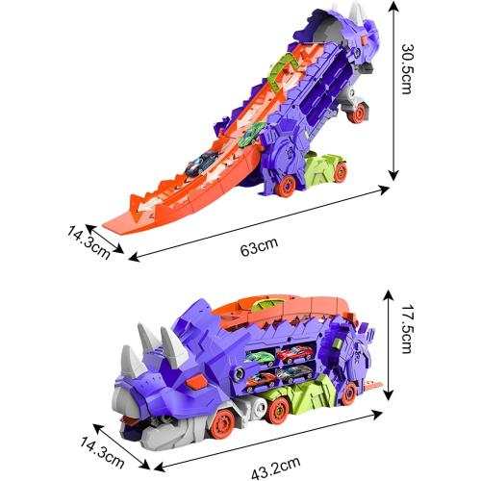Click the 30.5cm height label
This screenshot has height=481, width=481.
(406, 68)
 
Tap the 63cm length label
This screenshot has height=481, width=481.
(259, 247)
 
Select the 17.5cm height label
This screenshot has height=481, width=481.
(406, 329)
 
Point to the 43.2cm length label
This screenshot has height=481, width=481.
(276, 468)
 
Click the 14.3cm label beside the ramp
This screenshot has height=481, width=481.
(89, 243)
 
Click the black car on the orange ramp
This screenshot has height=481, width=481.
(201, 163)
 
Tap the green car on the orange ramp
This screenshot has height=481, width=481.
(252, 135)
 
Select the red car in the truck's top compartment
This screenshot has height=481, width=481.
(295, 352)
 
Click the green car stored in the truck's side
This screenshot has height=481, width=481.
(260, 358)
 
